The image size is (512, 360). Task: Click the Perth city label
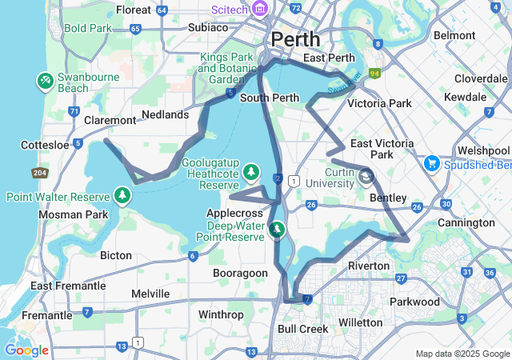click(x=295, y=39)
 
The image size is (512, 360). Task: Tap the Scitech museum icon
click(x=259, y=9)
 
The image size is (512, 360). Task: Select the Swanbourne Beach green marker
click(x=45, y=81)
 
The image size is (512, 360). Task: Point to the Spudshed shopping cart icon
click(x=432, y=164)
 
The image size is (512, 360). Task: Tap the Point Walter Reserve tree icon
click(x=122, y=196)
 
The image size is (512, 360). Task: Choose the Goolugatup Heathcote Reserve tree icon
click(x=251, y=172)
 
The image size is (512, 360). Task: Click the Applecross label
click(x=234, y=214)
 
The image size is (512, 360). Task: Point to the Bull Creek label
click(x=303, y=329)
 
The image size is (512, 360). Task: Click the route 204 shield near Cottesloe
click(x=38, y=173)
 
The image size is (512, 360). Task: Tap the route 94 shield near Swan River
click(x=373, y=74)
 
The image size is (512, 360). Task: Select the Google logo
click(x=26, y=350)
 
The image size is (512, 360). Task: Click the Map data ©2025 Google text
click(x=462, y=354)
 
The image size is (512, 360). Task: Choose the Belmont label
click(x=454, y=35)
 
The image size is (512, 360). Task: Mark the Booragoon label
click(x=240, y=273)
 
